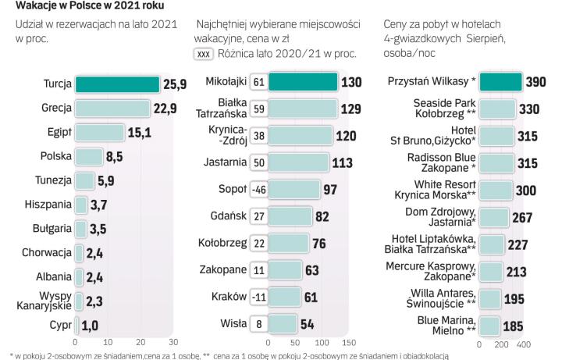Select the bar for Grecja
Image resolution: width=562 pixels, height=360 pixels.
(x=111, y=108)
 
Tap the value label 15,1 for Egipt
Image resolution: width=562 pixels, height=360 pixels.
(x=139, y=132)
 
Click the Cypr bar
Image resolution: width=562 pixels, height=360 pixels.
(x=77, y=325)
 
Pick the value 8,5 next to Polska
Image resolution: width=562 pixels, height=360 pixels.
(x=115, y=156)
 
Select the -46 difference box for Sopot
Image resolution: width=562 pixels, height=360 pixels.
(x=258, y=190)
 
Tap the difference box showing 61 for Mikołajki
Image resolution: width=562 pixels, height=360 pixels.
(x=258, y=83)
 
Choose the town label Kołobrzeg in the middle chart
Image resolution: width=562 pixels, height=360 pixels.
(x=223, y=243)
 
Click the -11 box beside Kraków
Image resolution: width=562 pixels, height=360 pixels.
(x=258, y=298)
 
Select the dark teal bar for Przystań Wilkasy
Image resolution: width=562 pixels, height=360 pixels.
(x=500, y=83)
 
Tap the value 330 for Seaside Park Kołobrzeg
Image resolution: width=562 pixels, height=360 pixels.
(x=531, y=108)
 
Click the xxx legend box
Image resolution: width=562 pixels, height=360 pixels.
(x=203, y=54)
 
